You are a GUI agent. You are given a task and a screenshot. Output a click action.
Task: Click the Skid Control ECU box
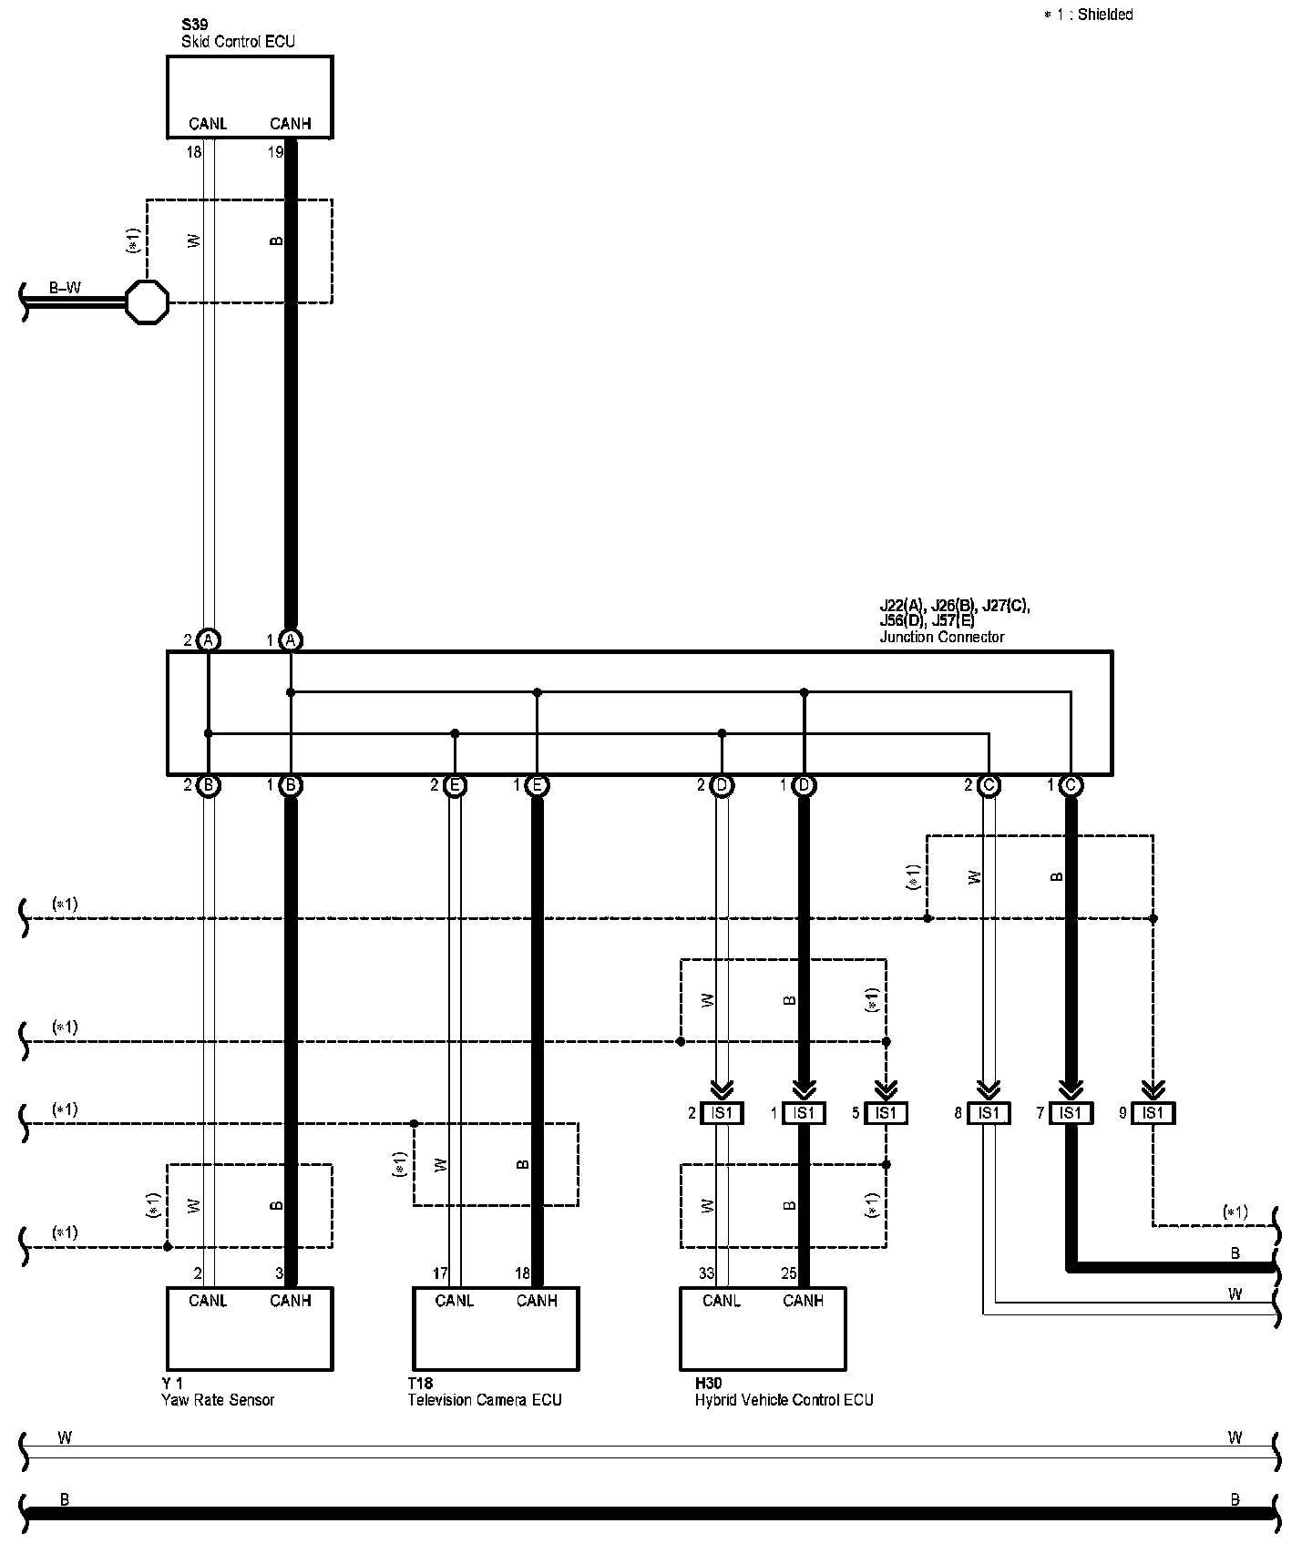click(250, 96)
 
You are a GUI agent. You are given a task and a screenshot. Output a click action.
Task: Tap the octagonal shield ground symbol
click(147, 302)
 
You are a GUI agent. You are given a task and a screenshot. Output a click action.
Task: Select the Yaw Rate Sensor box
click(250, 1328)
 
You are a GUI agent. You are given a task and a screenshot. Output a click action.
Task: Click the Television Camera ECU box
click(496, 1328)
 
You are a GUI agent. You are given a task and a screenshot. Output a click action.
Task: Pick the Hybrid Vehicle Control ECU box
click(763, 1328)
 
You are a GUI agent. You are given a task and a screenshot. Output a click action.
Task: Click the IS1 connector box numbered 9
click(1153, 1112)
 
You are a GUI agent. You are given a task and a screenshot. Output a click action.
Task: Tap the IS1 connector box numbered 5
click(886, 1112)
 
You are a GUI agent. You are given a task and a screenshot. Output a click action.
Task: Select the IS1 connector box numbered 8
click(989, 1112)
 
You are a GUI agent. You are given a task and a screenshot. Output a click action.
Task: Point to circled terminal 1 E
click(537, 785)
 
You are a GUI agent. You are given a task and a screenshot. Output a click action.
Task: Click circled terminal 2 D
click(722, 785)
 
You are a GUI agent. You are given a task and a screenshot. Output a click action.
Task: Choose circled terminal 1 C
click(1071, 785)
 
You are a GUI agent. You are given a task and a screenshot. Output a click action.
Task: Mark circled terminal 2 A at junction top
click(209, 640)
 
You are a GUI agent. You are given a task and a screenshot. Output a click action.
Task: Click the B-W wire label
click(65, 289)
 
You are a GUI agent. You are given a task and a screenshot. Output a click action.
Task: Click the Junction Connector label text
click(941, 637)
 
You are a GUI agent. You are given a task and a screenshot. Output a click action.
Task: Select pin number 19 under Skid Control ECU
click(276, 152)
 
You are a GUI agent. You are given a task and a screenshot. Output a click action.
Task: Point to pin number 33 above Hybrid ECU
click(707, 1274)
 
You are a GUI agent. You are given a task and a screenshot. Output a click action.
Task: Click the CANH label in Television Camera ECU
click(537, 1301)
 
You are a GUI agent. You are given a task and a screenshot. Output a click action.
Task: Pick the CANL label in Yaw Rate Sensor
click(208, 1301)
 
